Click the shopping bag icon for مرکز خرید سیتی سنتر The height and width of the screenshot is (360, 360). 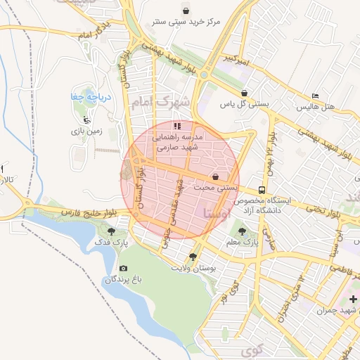coord(185,11)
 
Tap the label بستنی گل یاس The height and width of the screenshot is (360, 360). coord(244,104)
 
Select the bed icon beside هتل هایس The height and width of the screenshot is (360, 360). coord(316,95)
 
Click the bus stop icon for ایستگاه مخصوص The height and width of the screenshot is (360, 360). coord(261,189)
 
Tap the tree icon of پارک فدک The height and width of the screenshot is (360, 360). coord(111,231)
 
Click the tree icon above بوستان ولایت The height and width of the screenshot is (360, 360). coord(193,257)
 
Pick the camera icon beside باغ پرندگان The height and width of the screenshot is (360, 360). coord(124,268)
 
